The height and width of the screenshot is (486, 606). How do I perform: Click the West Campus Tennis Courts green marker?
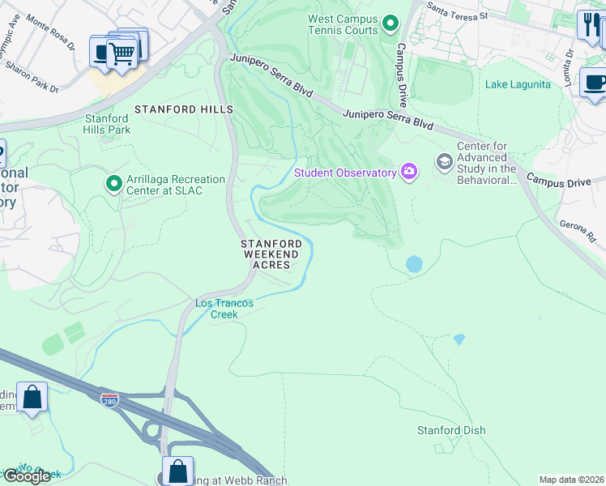390,23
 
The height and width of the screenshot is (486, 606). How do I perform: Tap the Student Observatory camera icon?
410,171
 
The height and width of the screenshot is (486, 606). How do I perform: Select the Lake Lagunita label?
517,84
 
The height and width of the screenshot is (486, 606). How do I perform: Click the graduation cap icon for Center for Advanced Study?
444,162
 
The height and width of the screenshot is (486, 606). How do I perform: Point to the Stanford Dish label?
451,430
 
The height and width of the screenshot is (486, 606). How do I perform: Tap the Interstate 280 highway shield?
110,400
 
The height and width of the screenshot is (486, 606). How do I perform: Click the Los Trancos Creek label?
224,309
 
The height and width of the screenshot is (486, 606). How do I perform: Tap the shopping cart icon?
122,54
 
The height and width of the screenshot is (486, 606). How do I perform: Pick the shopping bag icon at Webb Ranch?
177,471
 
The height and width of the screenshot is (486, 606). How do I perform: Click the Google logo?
27,476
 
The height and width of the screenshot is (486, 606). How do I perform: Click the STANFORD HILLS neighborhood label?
184,109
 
